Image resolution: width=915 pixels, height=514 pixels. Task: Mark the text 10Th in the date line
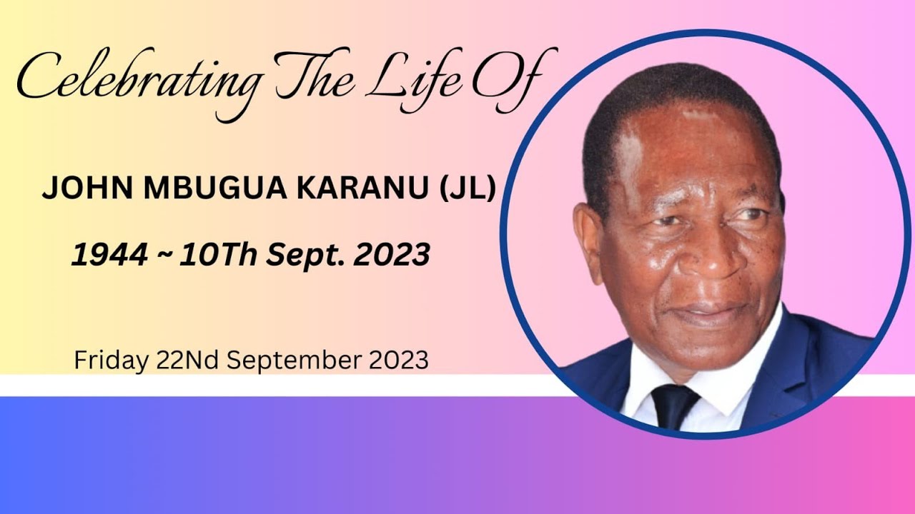[x=218, y=255]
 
